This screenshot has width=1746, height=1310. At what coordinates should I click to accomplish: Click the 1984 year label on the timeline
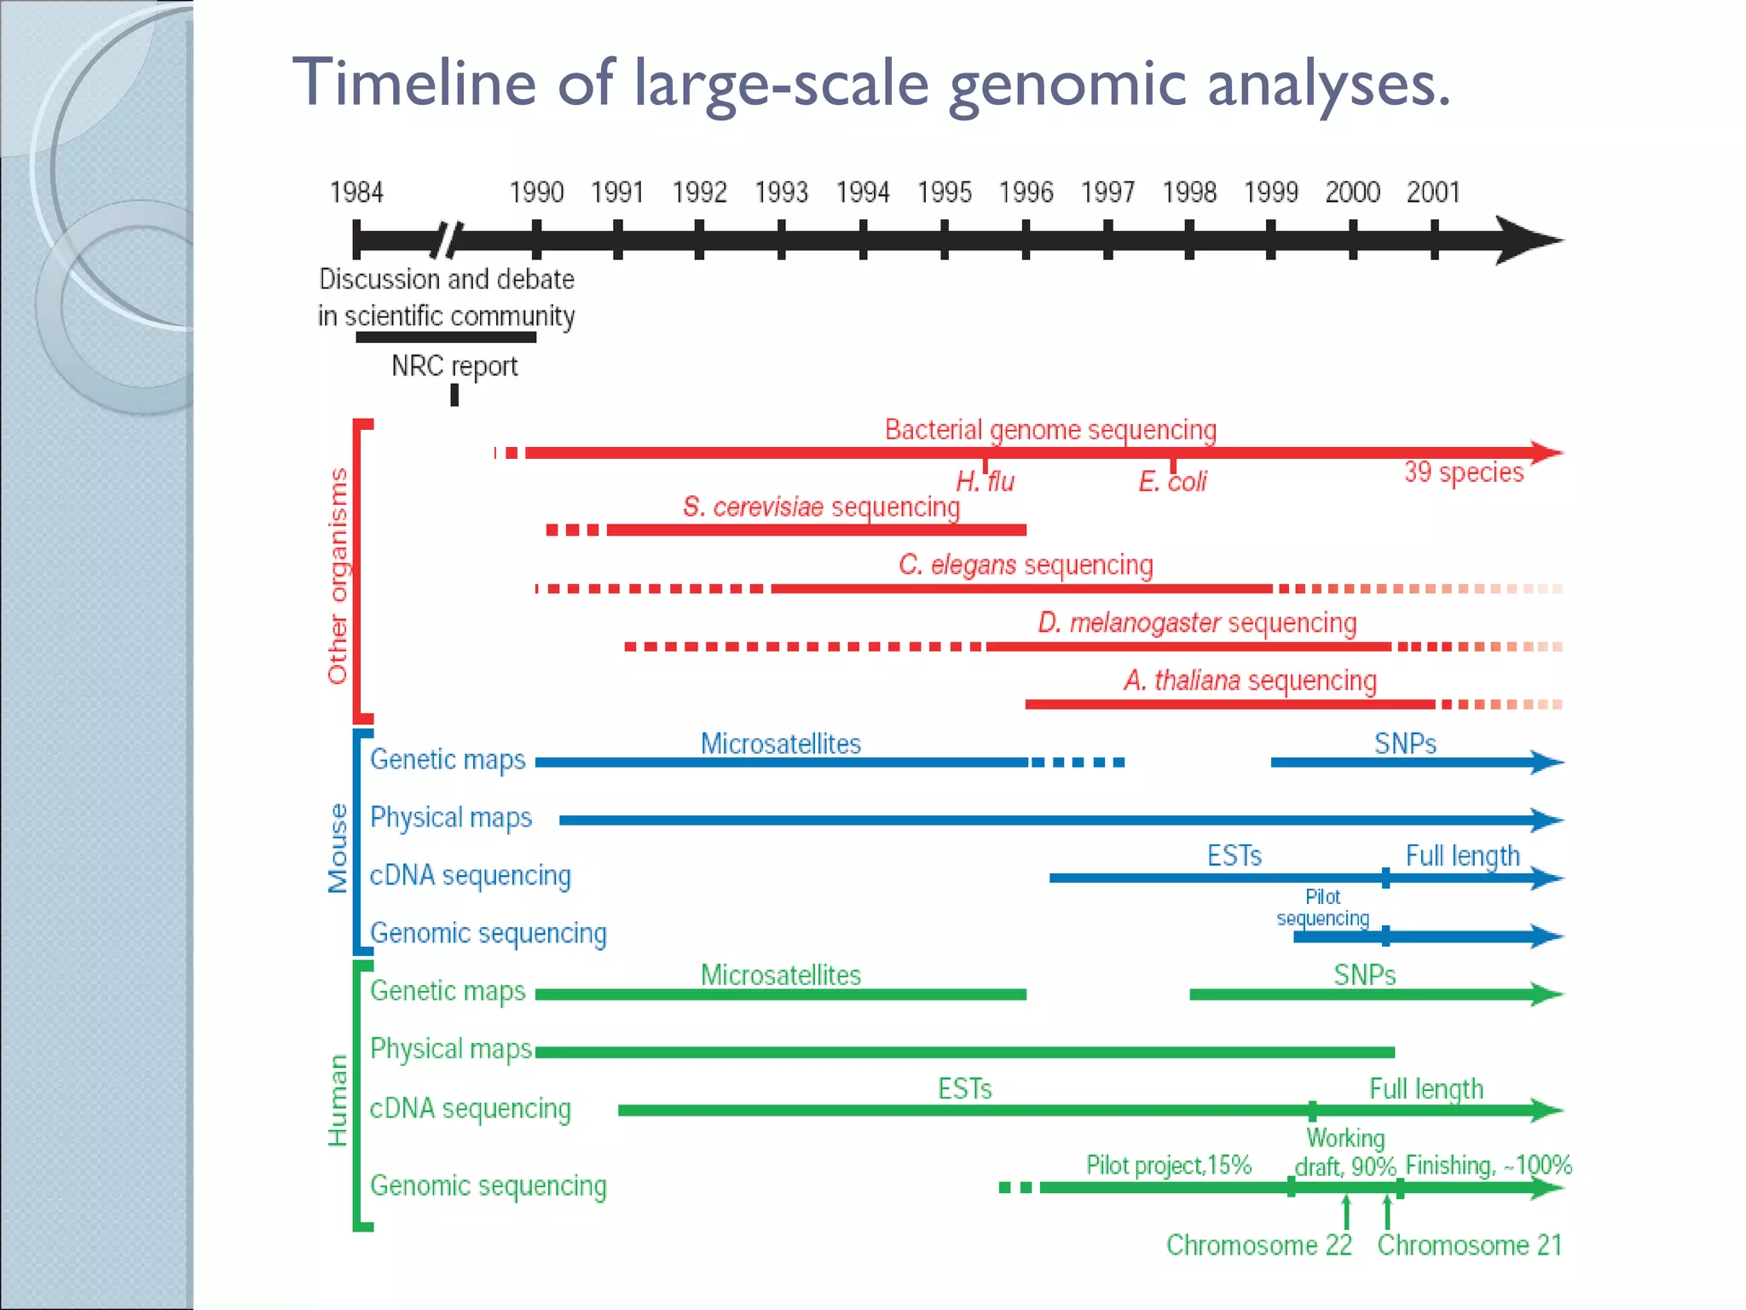coord(356,193)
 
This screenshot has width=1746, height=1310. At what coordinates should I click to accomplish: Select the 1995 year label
coord(944,193)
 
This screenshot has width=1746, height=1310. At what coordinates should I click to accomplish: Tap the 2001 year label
coord(1433,193)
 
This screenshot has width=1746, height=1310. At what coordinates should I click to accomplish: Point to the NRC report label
coord(454,366)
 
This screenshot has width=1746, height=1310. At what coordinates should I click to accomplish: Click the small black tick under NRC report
coord(454,395)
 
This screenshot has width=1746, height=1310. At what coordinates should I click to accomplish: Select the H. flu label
coord(985,482)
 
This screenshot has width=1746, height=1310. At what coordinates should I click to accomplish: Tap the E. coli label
coord(1172,482)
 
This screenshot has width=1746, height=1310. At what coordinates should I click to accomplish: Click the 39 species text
coord(1463,472)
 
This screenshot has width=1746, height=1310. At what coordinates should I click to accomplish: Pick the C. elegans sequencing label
coord(1026,565)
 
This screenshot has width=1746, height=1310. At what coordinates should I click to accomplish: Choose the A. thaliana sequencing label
coord(1250,681)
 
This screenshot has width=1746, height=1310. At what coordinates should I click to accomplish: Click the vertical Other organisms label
coord(338,576)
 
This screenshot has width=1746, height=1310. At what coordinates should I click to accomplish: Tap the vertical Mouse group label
coord(338,848)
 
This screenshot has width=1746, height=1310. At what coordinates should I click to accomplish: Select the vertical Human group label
coord(338,1100)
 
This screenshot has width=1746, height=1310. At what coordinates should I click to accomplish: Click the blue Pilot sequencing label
coord(1322,907)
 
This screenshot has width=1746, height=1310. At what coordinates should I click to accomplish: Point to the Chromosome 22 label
coord(1259,1245)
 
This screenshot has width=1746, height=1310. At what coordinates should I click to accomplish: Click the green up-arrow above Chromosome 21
coord(1387,1211)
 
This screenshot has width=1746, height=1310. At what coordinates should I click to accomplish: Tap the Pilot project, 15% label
coord(1168,1165)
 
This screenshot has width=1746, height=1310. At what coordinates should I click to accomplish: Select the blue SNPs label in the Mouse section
coord(1405,744)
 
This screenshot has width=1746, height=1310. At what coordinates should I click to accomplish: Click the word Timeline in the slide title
coord(414,83)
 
